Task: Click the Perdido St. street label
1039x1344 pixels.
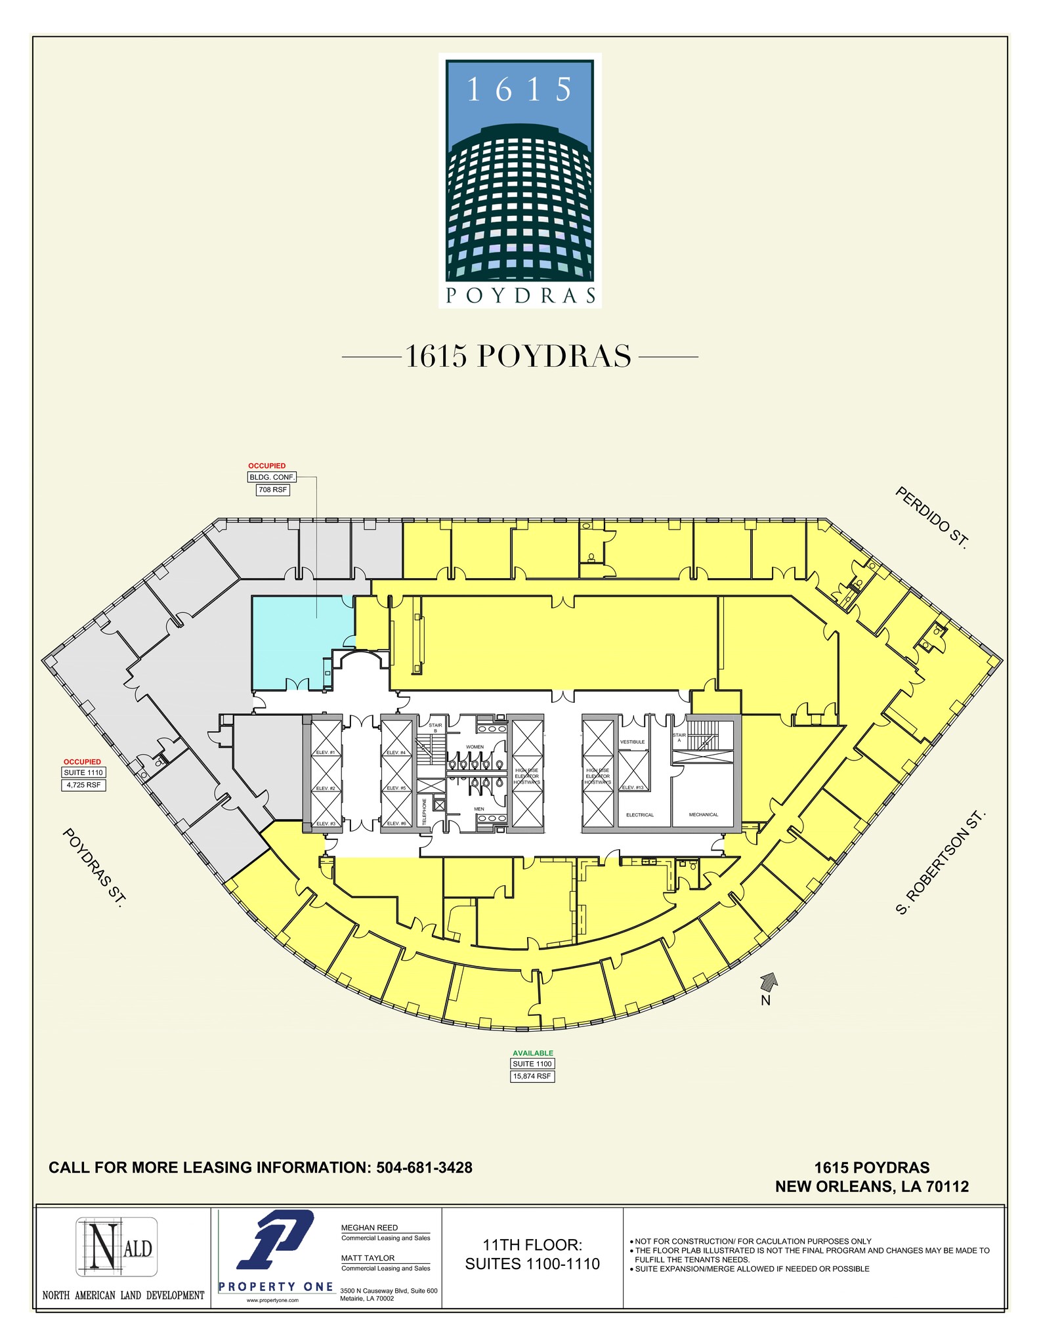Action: (x=931, y=518)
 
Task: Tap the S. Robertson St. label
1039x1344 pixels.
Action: (x=941, y=864)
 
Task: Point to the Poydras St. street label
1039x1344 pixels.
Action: (x=93, y=868)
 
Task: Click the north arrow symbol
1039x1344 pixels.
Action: (x=768, y=981)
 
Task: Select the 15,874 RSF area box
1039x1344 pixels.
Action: (x=532, y=1076)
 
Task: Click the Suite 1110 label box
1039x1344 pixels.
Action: (x=83, y=772)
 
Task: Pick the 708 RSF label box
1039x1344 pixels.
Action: (x=272, y=490)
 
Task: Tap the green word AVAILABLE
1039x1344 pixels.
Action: (x=533, y=1053)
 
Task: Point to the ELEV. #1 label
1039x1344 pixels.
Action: (x=326, y=752)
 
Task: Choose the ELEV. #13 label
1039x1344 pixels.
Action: (x=633, y=787)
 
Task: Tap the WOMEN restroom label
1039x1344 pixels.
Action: (x=475, y=747)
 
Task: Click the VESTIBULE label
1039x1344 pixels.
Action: (x=632, y=742)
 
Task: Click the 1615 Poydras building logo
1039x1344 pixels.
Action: (x=520, y=180)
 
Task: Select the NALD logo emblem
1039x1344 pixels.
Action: (x=116, y=1246)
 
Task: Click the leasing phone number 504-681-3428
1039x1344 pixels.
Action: (x=424, y=1167)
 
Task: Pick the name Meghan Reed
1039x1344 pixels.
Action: (x=369, y=1227)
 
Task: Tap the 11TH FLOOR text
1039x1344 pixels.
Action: (x=532, y=1244)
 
